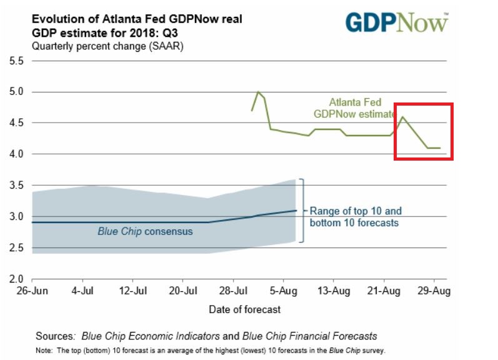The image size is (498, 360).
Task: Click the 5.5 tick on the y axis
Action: [x=14, y=61]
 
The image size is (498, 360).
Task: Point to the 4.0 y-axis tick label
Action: [x=14, y=154]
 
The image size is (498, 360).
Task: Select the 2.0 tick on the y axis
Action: [x=14, y=279]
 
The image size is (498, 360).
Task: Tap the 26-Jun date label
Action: [x=31, y=291]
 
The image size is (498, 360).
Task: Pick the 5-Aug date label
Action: [x=283, y=291]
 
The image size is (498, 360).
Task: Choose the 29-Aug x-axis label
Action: [x=434, y=291]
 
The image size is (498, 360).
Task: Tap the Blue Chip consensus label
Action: [x=145, y=231]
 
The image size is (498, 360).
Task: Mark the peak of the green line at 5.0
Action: [x=258, y=92]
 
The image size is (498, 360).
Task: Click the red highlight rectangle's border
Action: [x=395, y=131]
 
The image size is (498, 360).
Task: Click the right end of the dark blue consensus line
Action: [x=296, y=211]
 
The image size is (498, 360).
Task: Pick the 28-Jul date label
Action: [x=232, y=291]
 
